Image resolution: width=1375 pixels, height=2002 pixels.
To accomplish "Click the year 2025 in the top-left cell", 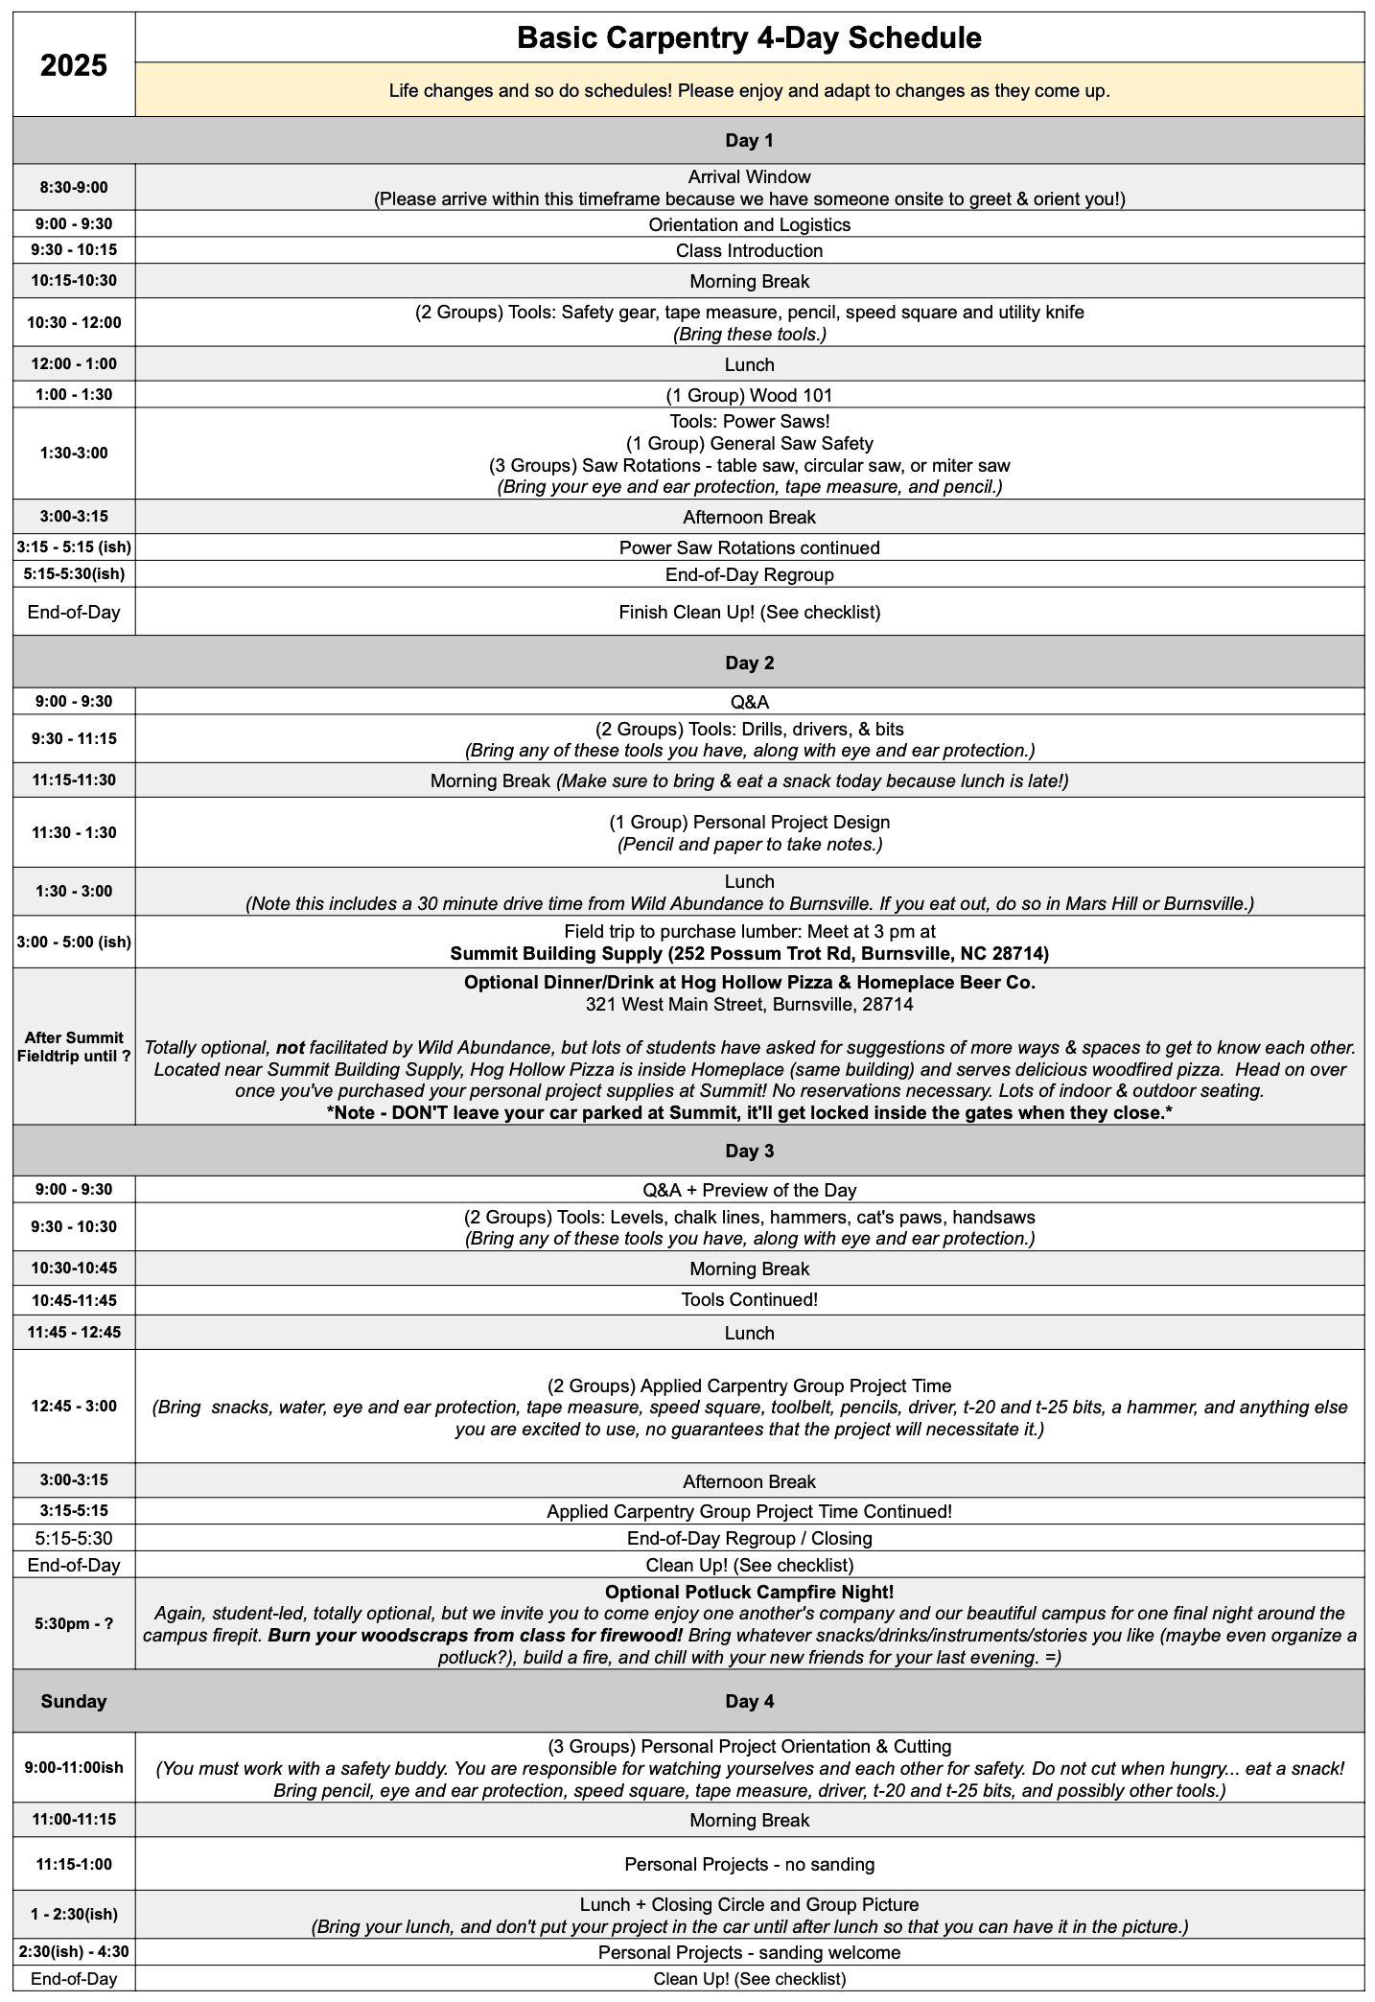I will point(73,65).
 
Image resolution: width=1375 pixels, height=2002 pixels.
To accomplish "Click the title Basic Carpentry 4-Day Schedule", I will point(749,38).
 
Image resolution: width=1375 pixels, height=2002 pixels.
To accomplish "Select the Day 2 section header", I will point(749,663).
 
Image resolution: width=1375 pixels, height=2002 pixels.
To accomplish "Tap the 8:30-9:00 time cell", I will point(73,187).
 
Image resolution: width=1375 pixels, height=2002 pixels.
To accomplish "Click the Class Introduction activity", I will point(749,250).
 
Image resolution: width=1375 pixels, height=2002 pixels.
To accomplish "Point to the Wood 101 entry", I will point(749,395).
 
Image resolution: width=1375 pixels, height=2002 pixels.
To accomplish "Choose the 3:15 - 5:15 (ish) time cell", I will point(73,547).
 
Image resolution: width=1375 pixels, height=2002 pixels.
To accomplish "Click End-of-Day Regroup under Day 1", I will point(749,574).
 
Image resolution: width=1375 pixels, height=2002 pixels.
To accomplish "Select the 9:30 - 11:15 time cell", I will point(73,739).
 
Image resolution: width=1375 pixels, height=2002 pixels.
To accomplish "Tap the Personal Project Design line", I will point(749,822).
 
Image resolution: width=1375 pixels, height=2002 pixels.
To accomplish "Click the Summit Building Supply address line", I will point(749,953).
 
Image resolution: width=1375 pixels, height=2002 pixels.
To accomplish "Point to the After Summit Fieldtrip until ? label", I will point(73,1047).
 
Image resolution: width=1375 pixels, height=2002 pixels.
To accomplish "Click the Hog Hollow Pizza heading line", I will point(749,982).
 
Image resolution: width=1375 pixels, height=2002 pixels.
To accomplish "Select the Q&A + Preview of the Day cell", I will point(749,1190).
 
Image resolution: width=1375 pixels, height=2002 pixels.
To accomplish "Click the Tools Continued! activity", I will point(749,1299).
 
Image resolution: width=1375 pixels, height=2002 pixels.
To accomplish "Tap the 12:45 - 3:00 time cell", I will point(73,1406).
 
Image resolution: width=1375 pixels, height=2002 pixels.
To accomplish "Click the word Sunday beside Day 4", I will point(73,1701).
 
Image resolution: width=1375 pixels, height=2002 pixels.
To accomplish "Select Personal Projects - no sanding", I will point(749,1864).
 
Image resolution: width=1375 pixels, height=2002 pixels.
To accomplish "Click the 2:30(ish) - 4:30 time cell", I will point(73,1952).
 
